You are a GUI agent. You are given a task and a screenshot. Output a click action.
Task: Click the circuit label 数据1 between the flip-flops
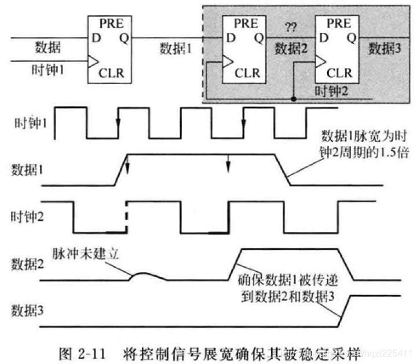(175, 49)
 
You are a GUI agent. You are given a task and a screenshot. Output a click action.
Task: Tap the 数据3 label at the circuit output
(385, 49)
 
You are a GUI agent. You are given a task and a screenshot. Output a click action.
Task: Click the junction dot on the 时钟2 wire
(294, 99)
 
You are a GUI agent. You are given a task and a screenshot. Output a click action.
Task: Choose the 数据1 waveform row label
(28, 170)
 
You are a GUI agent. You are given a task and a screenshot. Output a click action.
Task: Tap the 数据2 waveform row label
(28, 264)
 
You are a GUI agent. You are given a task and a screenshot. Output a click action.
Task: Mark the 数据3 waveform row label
(28, 311)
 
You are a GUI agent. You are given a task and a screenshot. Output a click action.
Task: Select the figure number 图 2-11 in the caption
(85, 351)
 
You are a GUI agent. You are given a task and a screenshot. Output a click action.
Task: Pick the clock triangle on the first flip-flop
(92, 59)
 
